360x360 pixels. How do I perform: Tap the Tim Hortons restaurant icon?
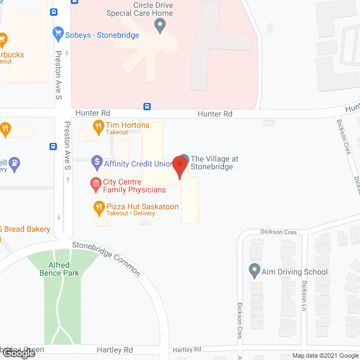pyautogui.click(x=98, y=126)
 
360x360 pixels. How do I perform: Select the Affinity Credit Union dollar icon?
pyautogui.click(x=96, y=164)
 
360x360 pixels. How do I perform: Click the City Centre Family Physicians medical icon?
pyautogui.click(x=96, y=183)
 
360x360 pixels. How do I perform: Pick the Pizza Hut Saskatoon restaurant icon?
pyautogui.click(x=99, y=208)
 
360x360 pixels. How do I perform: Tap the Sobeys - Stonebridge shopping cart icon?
pyautogui.click(x=57, y=33)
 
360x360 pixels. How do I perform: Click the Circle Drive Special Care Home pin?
pyautogui.click(x=160, y=24)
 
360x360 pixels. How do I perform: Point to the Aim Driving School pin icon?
pyautogui.click(x=254, y=272)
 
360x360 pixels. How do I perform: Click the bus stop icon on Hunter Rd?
pyautogui.click(x=147, y=106)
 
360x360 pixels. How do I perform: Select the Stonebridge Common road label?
pyautogui.click(x=106, y=258)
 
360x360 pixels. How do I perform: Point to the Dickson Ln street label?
pyautogui.click(x=304, y=296)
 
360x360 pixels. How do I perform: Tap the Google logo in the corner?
pyautogui.click(x=18, y=353)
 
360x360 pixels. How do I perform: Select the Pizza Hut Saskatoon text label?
pyautogui.click(x=142, y=207)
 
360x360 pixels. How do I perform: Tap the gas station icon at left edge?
pyautogui.click(x=15, y=164)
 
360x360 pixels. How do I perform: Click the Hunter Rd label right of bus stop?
pyautogui.click(x=215, y=114)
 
